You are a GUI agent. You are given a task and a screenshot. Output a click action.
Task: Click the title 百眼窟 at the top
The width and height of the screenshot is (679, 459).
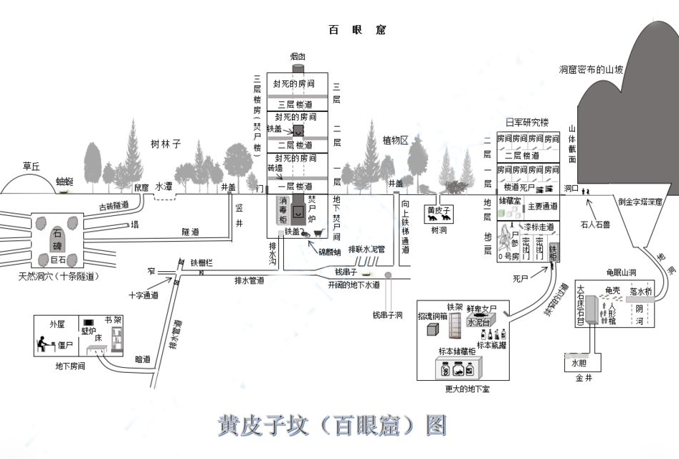(357, 30)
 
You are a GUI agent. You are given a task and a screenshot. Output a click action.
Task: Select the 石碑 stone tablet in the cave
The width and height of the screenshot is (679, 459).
(57, 237)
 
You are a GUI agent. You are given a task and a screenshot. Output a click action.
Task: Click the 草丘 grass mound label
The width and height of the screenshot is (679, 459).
(31, 166)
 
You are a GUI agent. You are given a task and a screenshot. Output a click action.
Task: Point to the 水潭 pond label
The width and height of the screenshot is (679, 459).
(164, 186)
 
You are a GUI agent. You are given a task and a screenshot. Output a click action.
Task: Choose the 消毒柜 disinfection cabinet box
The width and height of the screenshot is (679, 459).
(282, 209)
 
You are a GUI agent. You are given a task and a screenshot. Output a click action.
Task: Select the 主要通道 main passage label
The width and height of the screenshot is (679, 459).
(542, 207)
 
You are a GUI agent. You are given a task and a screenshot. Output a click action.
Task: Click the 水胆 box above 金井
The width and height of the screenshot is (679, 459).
(579, 363)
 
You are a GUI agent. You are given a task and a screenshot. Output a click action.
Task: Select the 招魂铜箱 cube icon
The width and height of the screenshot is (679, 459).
(433, 329)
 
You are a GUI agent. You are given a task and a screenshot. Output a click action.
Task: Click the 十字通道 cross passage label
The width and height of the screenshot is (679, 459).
(143, 295)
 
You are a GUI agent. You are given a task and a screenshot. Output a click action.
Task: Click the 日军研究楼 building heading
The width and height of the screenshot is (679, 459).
(526, 123)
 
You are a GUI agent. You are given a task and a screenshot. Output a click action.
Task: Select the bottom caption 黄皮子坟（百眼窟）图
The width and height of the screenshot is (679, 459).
(332, 425)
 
